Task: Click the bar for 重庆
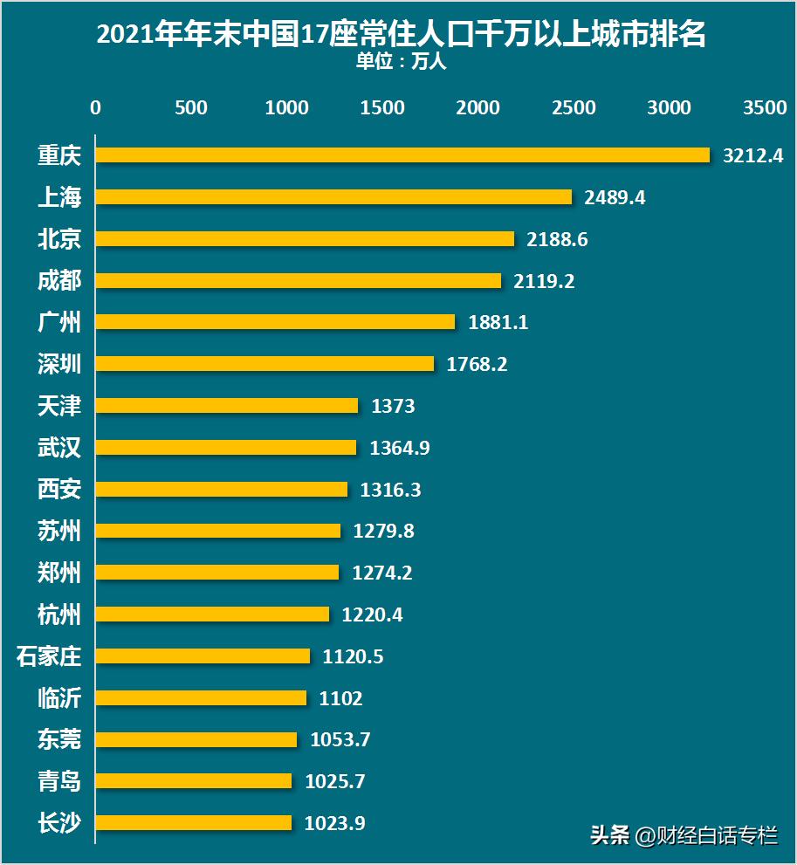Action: pyautogui.click(x=402, y=154)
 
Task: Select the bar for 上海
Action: pyautogui.click(x=333, y=196)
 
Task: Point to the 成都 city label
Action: pyautogui.click(x=59, y=280)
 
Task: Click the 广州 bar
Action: pyautogui.click(x=275, y=322)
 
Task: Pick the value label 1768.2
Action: pyautogui.click(x=477, y=364)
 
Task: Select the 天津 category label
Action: pyautogui.click(x=59, y=405)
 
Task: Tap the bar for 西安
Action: pyautogui.click(x=221, y=489)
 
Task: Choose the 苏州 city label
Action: pyautogui.click(x=59, y=531)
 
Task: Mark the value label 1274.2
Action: pyautogui.click(x=382, y=573)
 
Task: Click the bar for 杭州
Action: pyautogui.click(x=212, y=614)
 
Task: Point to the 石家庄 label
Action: pyautogui.click(x=49, y=656)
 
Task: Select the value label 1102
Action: pyautogui.click(x=341, y=698)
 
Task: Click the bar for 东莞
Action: pyautogui.click(x=196, y=739)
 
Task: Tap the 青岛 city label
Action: pyautogui.click(x=59, y=781)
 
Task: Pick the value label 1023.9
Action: pyautogui.click(x=335, y=823)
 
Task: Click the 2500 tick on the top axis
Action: pyautogui.click(x=574, y=107)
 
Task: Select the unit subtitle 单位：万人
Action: pyautogui.click(x=401, y=63)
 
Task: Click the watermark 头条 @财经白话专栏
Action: pyautogui.click(x=684, y=835)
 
